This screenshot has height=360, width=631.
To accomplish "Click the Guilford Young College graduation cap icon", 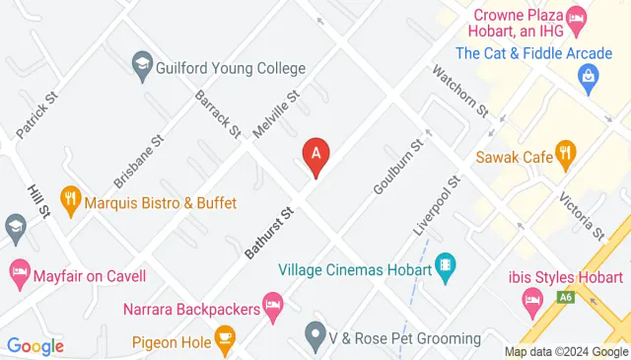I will click(x=142, y=67).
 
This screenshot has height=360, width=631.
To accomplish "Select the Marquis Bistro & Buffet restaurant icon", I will click(x=70, y=200).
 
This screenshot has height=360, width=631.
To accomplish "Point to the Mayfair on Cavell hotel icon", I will click(x=19, y=270).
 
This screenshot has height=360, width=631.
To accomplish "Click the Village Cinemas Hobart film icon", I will click(x=446, y=266).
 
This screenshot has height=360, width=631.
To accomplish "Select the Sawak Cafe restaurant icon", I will click(x=564, y=152).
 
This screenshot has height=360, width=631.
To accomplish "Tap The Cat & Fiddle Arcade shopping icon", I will click(x=589, y=75).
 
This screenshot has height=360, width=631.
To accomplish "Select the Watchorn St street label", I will click(x=459, y=90).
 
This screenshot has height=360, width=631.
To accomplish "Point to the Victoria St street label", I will click(x=581, y=216).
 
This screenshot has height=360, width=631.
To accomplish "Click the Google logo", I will click(x=35, y=346).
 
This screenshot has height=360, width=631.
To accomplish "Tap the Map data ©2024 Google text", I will click(x=566, y=352).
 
